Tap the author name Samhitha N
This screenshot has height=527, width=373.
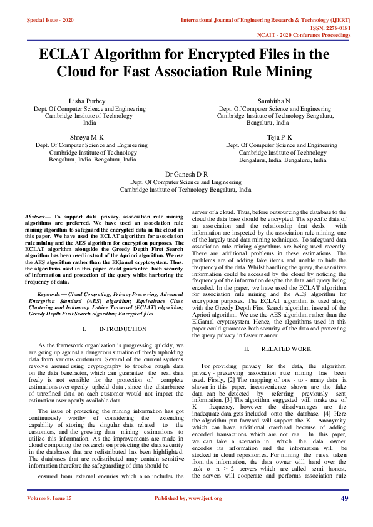274,101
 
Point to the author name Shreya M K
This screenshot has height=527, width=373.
86,136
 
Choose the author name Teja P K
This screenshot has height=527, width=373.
274,136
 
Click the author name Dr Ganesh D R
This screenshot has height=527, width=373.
186,173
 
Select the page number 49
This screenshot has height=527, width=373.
344,515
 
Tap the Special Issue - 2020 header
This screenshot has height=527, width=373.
50,20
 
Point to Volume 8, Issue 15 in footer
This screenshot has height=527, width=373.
49,515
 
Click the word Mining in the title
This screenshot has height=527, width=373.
287,71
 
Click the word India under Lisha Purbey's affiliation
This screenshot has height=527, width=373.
89,123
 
